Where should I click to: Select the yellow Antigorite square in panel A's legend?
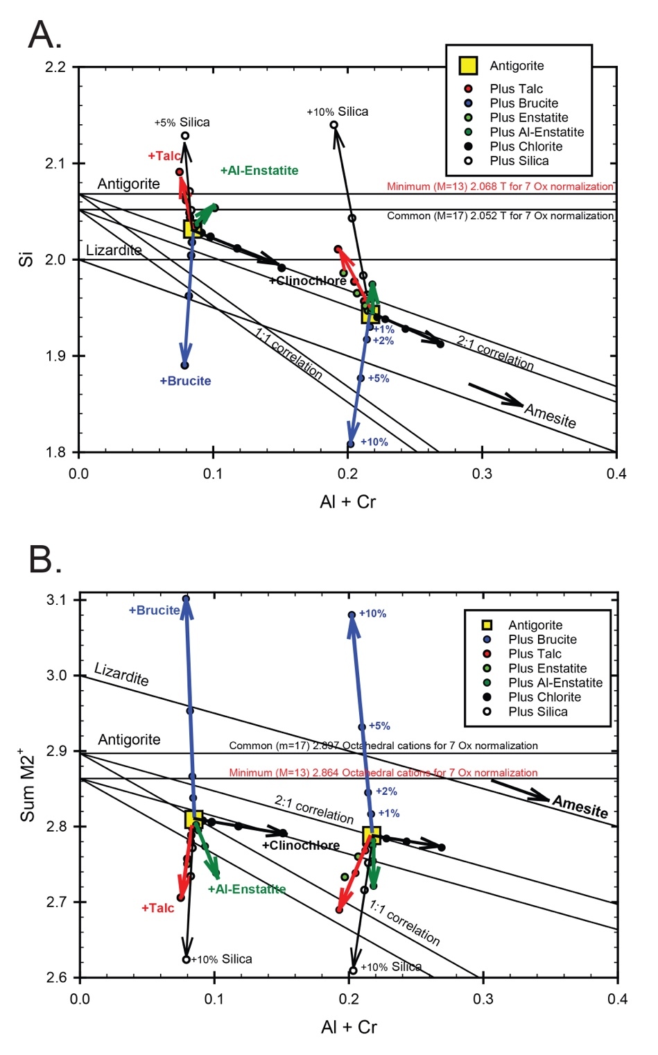tap(468, 66)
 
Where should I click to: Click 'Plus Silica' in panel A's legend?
tap(519, 161)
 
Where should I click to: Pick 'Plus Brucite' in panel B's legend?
tap(542, 640)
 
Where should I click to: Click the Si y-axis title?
tap(26, 259)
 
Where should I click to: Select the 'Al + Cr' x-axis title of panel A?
tap(347, 501)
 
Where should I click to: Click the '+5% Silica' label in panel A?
tap(182, 123)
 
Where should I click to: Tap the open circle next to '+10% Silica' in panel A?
tap(334, 126)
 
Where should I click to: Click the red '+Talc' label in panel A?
tap(164, 156)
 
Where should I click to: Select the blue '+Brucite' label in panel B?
tap(154, 610)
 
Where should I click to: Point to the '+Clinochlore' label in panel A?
tap(307, 281)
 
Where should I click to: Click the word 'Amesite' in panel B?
tap(580, 807)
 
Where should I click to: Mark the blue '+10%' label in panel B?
tap(372, 614)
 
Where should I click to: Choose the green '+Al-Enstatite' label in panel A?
tap(259, 171)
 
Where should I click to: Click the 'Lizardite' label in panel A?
tap(114, 250)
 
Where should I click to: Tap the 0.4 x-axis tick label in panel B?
tap(617, 999)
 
